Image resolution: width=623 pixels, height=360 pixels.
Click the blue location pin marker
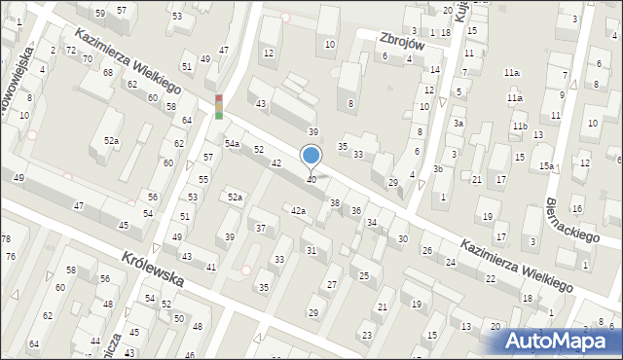pyautogui.click(x=311, y=156)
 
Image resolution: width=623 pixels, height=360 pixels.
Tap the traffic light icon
pyautogui.click(x=219, y=106)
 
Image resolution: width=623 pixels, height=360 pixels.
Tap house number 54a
pyautogui.click(x=232, y=143)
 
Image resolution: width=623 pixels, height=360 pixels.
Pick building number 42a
pyautogui.click(x=299, y=210)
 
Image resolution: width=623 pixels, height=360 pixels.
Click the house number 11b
pyautogui.click(x=521, y=126)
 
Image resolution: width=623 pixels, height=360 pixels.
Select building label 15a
pyautogui.click(x=547, y=166)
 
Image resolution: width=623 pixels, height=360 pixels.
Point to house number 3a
pyautogui.click(x=457, y=124)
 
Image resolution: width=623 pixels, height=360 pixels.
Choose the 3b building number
pyautogui.click(x=438, y=169)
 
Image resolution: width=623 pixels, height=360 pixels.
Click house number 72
pyautogui.click(x=70, y=50)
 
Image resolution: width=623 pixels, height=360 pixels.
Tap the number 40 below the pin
pyautogui.click(x=311, y=179)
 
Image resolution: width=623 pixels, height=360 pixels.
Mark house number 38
pyautogui.click(x=335, y=202)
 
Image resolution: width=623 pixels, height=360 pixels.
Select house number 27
pyautogui.click(x=332, y=283)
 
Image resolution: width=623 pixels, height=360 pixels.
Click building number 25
pyautogui.click(x=364, y=276)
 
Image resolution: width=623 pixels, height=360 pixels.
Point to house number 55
pyautogui.click(x=203, y=180)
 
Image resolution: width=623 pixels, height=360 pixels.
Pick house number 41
pyautogui.click(x=211, y=267)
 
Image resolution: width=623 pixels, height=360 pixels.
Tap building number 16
pyautogui.click(x=577, y=209)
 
